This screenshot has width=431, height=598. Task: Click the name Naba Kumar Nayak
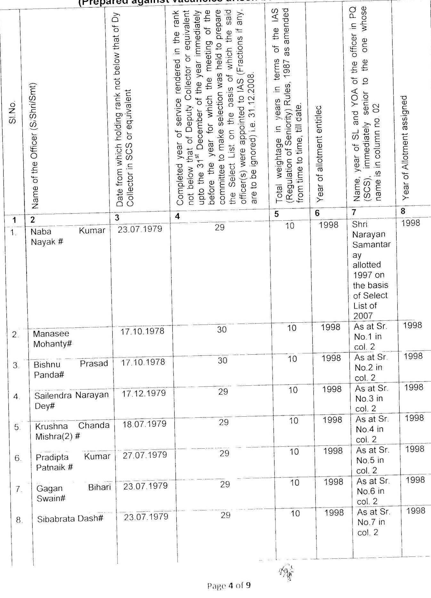pos(68,236)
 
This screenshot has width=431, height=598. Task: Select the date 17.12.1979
pos(144,393)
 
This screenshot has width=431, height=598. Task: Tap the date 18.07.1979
pos(144,424)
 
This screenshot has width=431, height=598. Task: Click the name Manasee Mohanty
pos(53,339)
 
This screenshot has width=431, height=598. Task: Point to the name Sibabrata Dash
pos(70,519)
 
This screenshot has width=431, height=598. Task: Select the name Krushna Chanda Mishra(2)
pos(72,431)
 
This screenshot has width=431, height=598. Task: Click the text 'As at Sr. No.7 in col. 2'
pos(373,522)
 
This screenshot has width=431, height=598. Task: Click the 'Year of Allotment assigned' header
pos(406,147)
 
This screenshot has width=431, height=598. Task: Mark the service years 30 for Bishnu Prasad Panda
pos(222,360)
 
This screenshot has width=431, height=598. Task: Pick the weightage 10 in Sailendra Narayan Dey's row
pos(293,390)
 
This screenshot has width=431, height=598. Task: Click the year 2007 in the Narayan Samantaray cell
pos(363,316)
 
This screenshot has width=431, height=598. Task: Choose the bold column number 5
pos(277,215)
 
